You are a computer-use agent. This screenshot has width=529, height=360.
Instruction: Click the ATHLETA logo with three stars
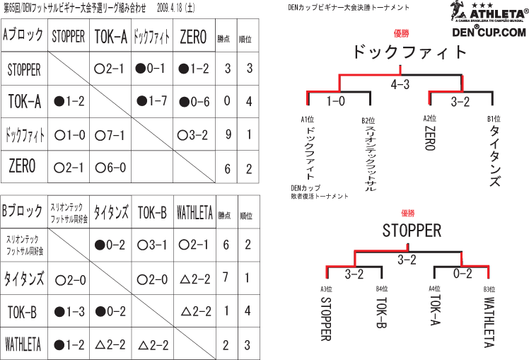[489, 11]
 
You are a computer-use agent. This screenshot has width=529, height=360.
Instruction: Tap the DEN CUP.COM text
[489, 32]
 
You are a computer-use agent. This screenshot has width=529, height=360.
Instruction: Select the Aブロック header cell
[24, 35]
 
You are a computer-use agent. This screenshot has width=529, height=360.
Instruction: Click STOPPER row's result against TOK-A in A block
[109, 69]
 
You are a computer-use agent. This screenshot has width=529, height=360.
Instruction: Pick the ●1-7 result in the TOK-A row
[151, 101]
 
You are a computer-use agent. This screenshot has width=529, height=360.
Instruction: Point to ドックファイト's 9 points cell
[228, 134]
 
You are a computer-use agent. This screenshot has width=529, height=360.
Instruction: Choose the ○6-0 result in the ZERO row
[110, 168]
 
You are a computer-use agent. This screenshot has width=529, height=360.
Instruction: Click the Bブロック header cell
[24, 211]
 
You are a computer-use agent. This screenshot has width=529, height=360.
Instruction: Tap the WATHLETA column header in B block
[194, 213]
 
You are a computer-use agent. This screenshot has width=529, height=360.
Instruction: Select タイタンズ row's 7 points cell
[226, 277]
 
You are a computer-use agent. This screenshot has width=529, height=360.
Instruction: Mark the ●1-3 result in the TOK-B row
[69, 311]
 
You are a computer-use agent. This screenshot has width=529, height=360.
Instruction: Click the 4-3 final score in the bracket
[400, 84]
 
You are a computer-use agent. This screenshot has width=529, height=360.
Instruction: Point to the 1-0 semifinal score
[336, 101]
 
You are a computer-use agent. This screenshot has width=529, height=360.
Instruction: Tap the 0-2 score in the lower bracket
[463, 273]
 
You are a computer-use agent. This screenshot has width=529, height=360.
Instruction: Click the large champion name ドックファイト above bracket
[409, 52]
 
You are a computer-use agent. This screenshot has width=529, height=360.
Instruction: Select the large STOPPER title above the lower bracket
[412, 231]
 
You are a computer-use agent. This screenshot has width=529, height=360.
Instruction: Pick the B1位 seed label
[494, 119]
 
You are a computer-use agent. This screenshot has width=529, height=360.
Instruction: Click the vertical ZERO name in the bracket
[430, 138]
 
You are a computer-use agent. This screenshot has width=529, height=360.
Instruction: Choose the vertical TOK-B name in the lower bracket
[382, 313]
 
